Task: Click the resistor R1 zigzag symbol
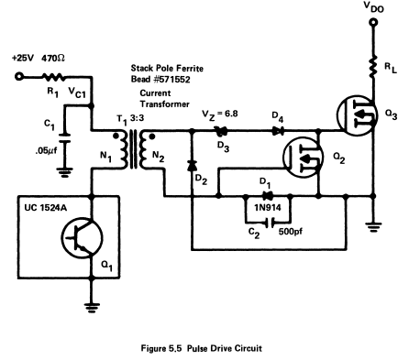(x=53, y=77)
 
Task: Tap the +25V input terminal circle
(x=19, y=76)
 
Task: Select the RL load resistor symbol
(x=373, y=67)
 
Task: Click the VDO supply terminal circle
(x=373, y=22)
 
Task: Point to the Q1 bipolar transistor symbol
(x=82, y=237)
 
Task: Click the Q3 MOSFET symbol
(x=357, y=115)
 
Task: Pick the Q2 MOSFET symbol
(x=304, y=158)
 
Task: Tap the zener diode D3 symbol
(x=221, y=131)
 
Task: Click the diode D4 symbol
(x=278, y=131)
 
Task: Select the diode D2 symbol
(x=192, y=166)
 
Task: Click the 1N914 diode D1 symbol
(x=268, y=195)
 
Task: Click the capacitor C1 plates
(x=64, y=138)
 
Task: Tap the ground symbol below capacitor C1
(x=64, y=172)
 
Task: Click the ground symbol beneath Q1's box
(x=92, y=308)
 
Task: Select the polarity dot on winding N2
(x=152, y=136)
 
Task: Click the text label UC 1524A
(x=46, y=208)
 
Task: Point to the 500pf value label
(x=291, y=232)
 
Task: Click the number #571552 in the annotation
(x=171, y=80)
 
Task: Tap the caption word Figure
(x=152, y=348)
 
